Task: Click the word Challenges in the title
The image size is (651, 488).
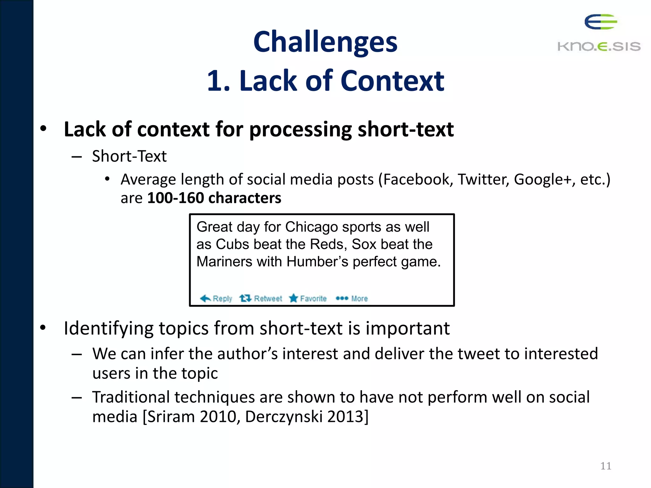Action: [325, 42]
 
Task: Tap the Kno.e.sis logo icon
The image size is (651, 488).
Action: [600, 22]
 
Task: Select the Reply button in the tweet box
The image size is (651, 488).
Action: [216, 298]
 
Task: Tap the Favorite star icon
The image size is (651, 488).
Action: [293, 298]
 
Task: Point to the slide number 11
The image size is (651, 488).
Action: [606, 466]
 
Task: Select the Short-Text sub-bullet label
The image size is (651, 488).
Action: [129, 156]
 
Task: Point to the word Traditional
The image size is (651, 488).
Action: [131, 397]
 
